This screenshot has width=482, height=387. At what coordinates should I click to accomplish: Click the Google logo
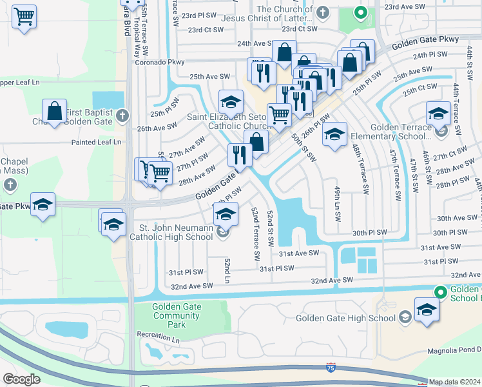tap(21, 379)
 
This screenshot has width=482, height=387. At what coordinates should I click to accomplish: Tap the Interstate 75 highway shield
tap(331, 366)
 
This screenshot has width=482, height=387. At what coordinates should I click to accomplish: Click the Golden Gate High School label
tap(345, 317)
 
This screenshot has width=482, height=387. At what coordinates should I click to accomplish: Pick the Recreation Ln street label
tap(157, 334)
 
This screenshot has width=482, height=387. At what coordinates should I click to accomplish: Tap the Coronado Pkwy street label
tap(160, 63)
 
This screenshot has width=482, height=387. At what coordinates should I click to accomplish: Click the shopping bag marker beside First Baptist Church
tap(55, 110)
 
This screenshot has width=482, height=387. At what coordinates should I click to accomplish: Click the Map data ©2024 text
tap(454, 382)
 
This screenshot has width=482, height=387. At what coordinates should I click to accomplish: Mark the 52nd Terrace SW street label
tap(255, 233)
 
